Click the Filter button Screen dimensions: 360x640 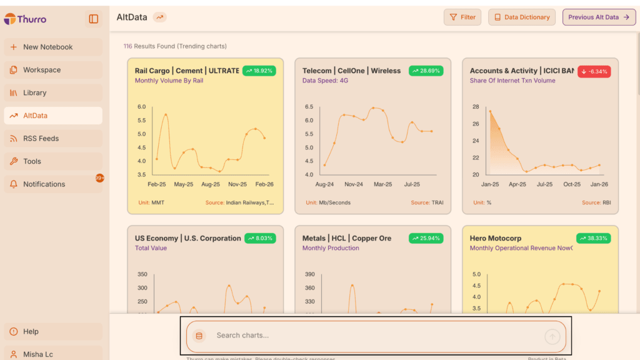pos(462,17)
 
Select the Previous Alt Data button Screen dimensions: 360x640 pos(599,17)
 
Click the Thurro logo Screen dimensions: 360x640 pos(26,19)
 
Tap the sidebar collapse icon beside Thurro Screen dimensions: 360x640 pos(94,19)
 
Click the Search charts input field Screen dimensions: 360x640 pos(375,336)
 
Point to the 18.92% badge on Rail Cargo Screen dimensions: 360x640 pos(259,71)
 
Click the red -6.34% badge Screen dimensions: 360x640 pos(594,71)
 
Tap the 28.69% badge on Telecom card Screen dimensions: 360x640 pos(426,71)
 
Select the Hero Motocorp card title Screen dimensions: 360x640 pos(496,238)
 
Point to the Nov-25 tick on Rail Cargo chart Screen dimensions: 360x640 pos(237,184)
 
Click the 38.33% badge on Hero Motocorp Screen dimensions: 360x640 pos(594,238)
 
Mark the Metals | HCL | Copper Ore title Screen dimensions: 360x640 pos(347,238)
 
